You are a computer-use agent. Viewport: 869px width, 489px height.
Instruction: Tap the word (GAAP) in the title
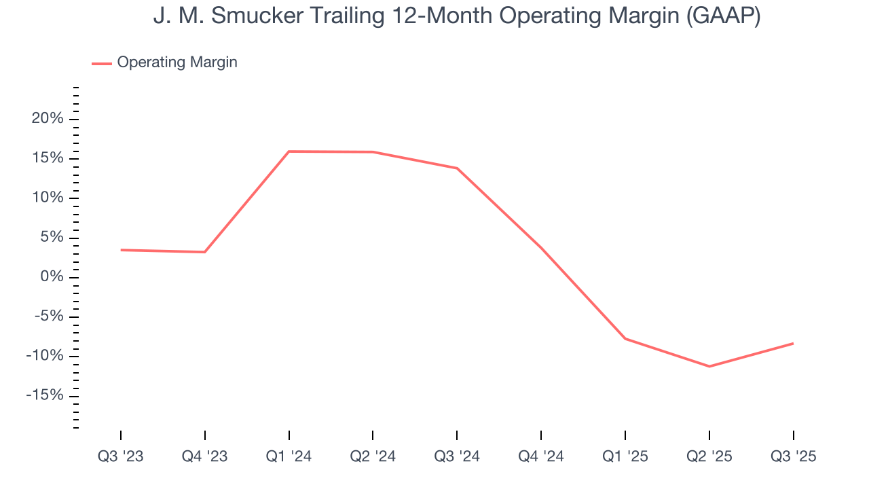coord(722,16)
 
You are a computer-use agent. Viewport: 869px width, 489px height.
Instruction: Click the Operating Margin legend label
coord(177,62)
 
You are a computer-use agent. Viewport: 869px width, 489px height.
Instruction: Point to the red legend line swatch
coord(102,63)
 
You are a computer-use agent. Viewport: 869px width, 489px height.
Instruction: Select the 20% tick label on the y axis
coord(47,119)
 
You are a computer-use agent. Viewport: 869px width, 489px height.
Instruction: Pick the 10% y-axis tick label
coord(47,198)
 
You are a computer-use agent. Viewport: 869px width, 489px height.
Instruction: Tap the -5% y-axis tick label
coord(47,316)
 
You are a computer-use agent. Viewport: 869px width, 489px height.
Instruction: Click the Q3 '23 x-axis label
coord(121,456)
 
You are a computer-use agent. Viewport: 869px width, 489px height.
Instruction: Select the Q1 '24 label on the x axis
coord(289,456)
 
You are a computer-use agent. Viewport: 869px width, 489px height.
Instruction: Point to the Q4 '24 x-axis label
coord(541,456)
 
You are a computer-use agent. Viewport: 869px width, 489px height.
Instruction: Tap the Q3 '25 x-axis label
coord(793,456)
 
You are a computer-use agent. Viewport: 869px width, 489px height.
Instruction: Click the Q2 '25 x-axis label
coord(709,456)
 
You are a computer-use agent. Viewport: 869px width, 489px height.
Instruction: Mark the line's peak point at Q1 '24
coord(289,151)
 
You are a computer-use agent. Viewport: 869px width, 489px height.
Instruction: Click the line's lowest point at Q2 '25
coord(709,367)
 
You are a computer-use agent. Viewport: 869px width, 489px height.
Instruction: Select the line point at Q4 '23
coord(205,252)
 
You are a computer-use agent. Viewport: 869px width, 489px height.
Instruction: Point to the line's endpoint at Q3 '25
coord(793,343)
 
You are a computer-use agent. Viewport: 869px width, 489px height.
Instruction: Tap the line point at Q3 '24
coord(457,168)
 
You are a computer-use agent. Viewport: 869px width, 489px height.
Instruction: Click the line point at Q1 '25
coord(625,338)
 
